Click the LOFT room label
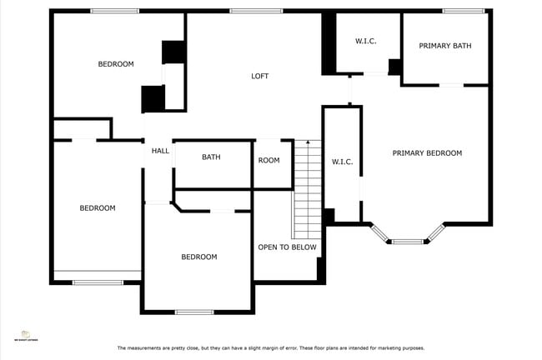point(260,76)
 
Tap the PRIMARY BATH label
point(444,46)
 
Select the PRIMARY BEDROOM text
point(427,152)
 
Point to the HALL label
point(160,151)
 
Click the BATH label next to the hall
point(211,157)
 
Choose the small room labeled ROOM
point(268,160)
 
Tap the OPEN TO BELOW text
point(287,247)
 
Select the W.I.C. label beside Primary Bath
point(367,41)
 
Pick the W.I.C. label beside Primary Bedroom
point(342,162)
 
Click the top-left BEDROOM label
point(116,64)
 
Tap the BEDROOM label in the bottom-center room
point(199,257)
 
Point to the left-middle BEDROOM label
point(98,207)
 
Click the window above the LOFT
point(253,11)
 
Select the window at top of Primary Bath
point(464,11)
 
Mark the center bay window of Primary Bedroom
point(408,242)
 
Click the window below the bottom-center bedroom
point(194,312)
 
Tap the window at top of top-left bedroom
point(114,11)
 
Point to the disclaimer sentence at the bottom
point(270,347)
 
